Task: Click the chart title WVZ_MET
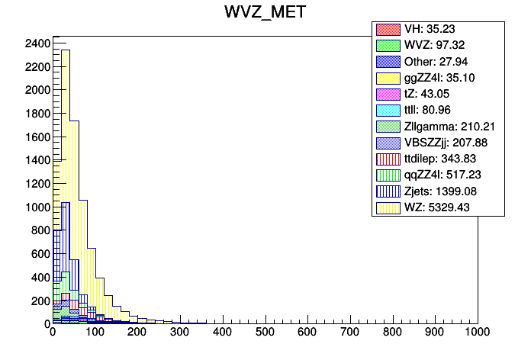265,13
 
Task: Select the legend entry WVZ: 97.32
437,45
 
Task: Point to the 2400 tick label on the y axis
37,43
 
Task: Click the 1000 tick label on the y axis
37,207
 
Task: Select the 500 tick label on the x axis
265,333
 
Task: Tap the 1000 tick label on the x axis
477,333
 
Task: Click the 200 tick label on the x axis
137,333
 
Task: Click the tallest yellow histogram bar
66,153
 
